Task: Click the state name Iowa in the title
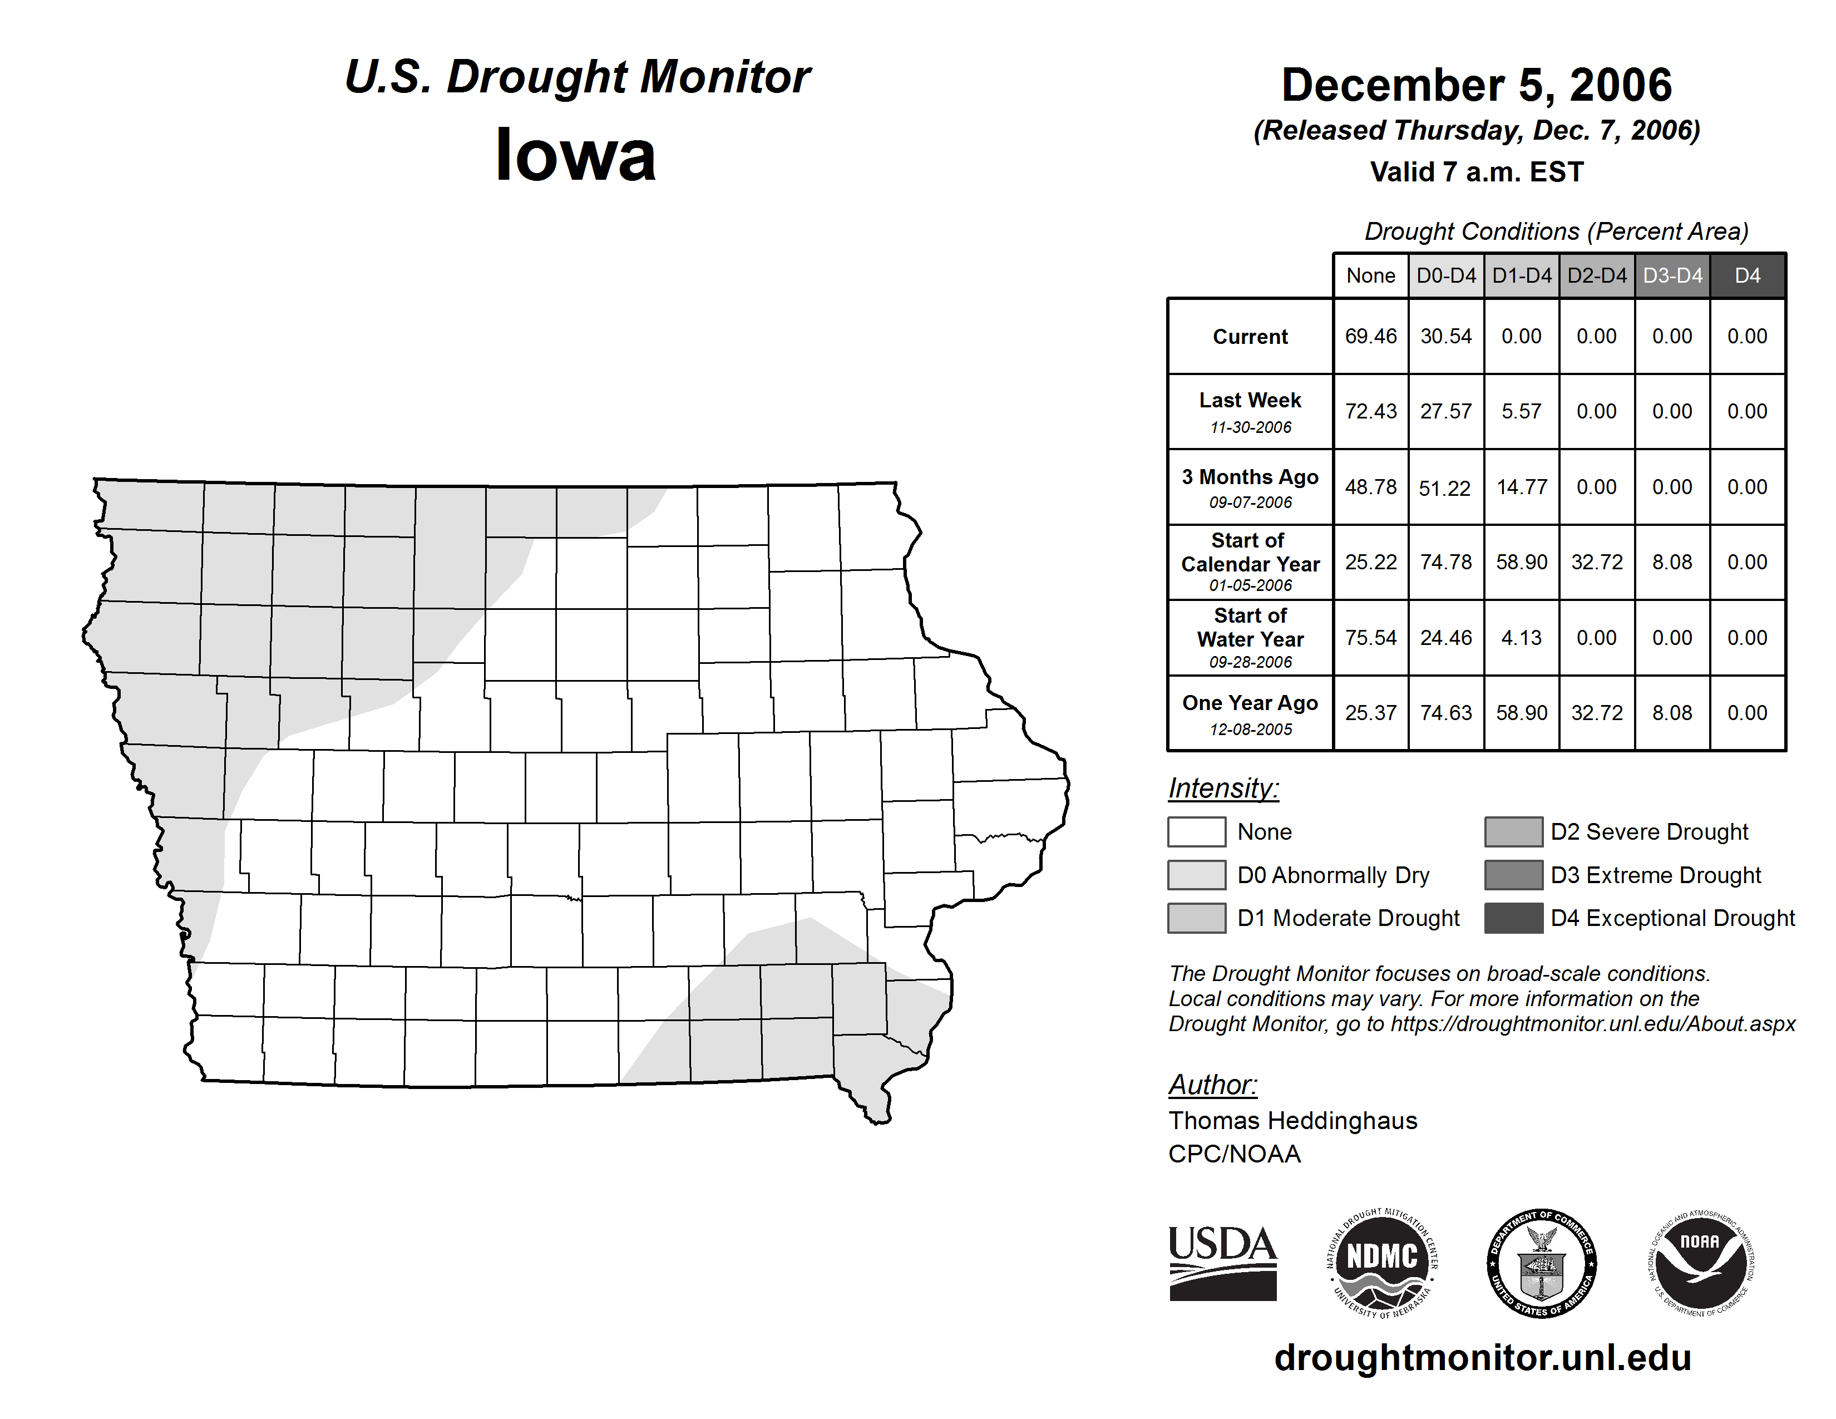tap(575, 155)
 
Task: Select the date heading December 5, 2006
tap(1476, 85)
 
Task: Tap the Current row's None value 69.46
tap(1370, 336)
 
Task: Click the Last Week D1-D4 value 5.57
tap(1521, 412)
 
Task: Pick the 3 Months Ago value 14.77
tap(1521, 487)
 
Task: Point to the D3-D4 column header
tap(1672, 275)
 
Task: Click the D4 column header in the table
tap(1747, 275)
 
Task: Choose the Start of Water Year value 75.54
tap(1370, 638)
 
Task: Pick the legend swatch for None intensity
tap(1196, 831)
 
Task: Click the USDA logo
tap(1222, 1263)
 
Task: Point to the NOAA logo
tap(1700, 1263)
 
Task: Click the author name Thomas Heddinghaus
tap(1292, 1121)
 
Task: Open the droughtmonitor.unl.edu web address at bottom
tap(1482, 1358)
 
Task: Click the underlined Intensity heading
tap(1223, 789)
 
